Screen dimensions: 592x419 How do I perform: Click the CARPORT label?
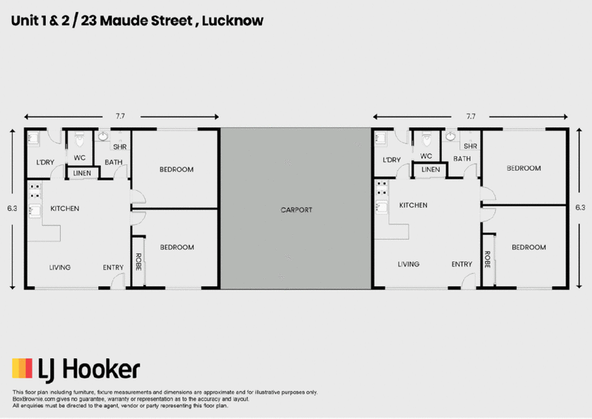click(297, 209)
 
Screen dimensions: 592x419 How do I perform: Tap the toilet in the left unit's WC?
click(79, 139)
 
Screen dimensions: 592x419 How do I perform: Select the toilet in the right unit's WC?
click(426, 138)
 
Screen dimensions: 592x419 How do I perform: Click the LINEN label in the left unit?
click(82, 173)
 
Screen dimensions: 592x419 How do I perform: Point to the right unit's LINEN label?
click(431, 170)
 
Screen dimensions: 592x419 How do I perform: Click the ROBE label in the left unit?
click(138, 261)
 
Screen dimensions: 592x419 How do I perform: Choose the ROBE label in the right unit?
click(488, 260)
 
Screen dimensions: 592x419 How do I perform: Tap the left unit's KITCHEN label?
click(65, 209)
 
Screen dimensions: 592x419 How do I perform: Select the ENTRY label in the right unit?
click(462, 264)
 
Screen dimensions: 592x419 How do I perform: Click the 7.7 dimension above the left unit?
click(120, 116)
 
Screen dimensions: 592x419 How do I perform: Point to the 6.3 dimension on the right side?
click(580, 207)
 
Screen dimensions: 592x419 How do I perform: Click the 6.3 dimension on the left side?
click(12, 208)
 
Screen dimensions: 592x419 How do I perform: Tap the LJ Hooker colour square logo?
click(22, 369)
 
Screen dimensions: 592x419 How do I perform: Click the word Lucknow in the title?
click(232, 21)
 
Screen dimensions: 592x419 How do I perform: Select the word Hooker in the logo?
click(101, 369)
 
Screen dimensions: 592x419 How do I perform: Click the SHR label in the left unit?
click(120, 147)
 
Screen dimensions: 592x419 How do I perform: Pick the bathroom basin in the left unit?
click(103, 136)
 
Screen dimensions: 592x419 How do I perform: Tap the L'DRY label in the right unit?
click(391, 160)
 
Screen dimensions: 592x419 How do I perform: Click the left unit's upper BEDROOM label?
click(176, 170)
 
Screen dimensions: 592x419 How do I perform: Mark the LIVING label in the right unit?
click(408, 264)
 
